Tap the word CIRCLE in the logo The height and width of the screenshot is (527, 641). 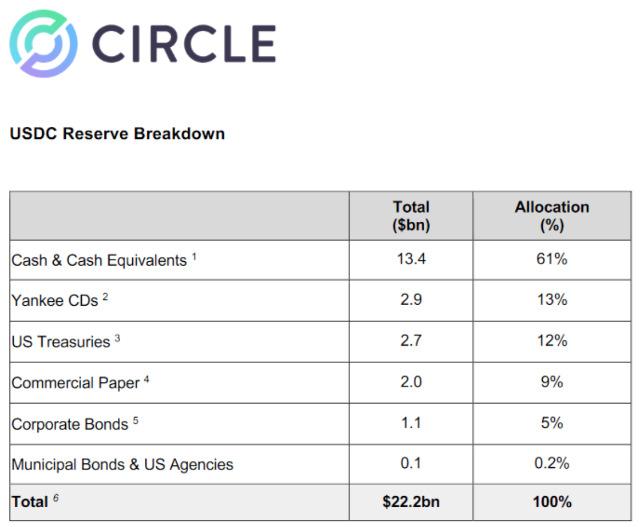(x=183, y=44)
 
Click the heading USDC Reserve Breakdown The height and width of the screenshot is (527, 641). (x=117, y=134)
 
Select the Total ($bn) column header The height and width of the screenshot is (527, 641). (x=411, y=216)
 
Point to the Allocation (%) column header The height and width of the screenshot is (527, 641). (x=552, y=216)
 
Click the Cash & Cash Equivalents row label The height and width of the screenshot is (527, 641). (x=99, y=260)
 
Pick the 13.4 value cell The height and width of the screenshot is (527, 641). (x=411, y=259)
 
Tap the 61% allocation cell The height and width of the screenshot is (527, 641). (x=552, y=259)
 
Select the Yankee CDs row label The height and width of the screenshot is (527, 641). (x=55, y=301)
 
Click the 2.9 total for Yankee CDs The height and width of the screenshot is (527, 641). (x=411, y=300)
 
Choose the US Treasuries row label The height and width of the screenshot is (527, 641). (x=61, y=341)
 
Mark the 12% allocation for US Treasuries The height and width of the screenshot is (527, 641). (x=552, y=341)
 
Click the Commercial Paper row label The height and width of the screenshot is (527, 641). (x=76, y=383)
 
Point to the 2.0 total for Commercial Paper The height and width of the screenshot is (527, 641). (x=411, y=382)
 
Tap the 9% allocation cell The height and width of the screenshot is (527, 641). (x=552, y=382)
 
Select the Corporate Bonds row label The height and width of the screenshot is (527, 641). (x=70, y=424)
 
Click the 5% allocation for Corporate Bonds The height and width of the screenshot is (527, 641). (x=552, y=423)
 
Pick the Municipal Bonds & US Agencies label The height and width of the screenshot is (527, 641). (x=122, y=464)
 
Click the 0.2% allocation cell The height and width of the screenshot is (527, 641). (x=552, y=464)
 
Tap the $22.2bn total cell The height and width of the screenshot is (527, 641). (x=411, y=502)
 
